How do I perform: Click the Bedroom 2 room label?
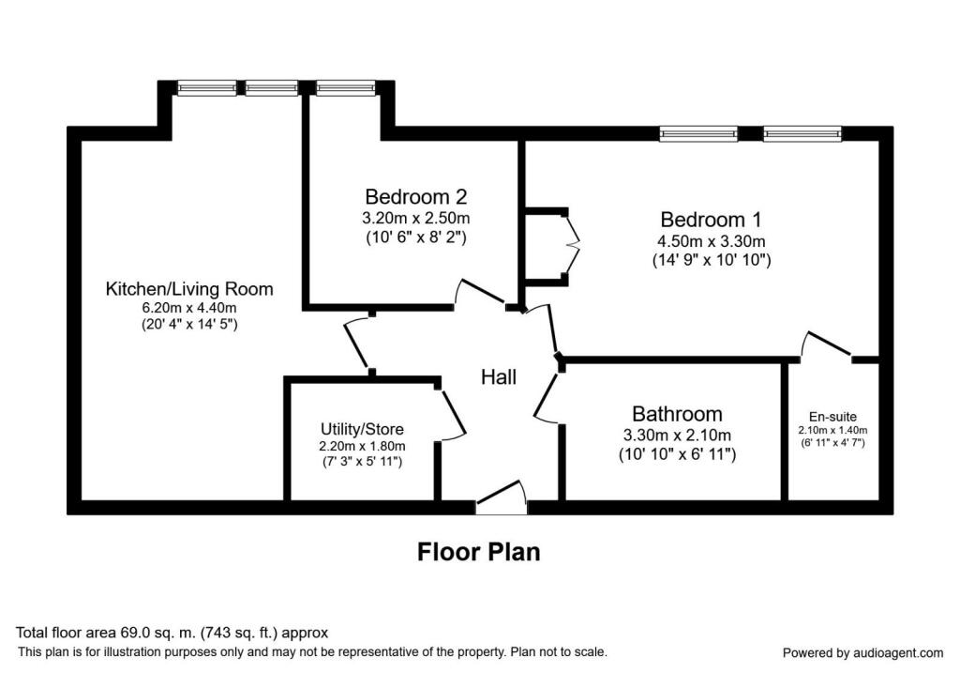pyautogui.click(x=415, y=197)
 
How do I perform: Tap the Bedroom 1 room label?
pyautogui.click(x=711, y=220)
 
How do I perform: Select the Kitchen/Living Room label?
pyautogui.click(x=189, y=289)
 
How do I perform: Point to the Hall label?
pyautogui.click(x=499, y=377)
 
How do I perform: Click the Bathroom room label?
pyautogui.click(x=677, y=414)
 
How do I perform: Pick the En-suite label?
pyautogui.click(x=832, y=417)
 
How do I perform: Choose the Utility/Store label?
pyautogui.click(x=362, y=429)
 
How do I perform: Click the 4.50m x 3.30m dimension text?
pyautogui.click(x=711, y=241)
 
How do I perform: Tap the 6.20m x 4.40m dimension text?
pyautogui.click(x=189, y=308)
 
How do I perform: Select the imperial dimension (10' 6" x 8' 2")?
pyautogui.click(x=415, y=237)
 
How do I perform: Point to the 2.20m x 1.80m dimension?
pyautogui.click(x=362, y=446)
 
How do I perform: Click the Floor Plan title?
pyautogui.click(x=479, y=552)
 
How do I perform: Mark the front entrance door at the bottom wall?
pyautogui.click(x=502, y=497)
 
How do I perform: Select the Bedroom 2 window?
pyautogui.click(x=346, y=88)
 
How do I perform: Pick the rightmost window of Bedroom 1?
pyautogui.click(x=802, y=133)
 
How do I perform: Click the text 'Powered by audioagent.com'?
pyautogui.click(x=863, y=652)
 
